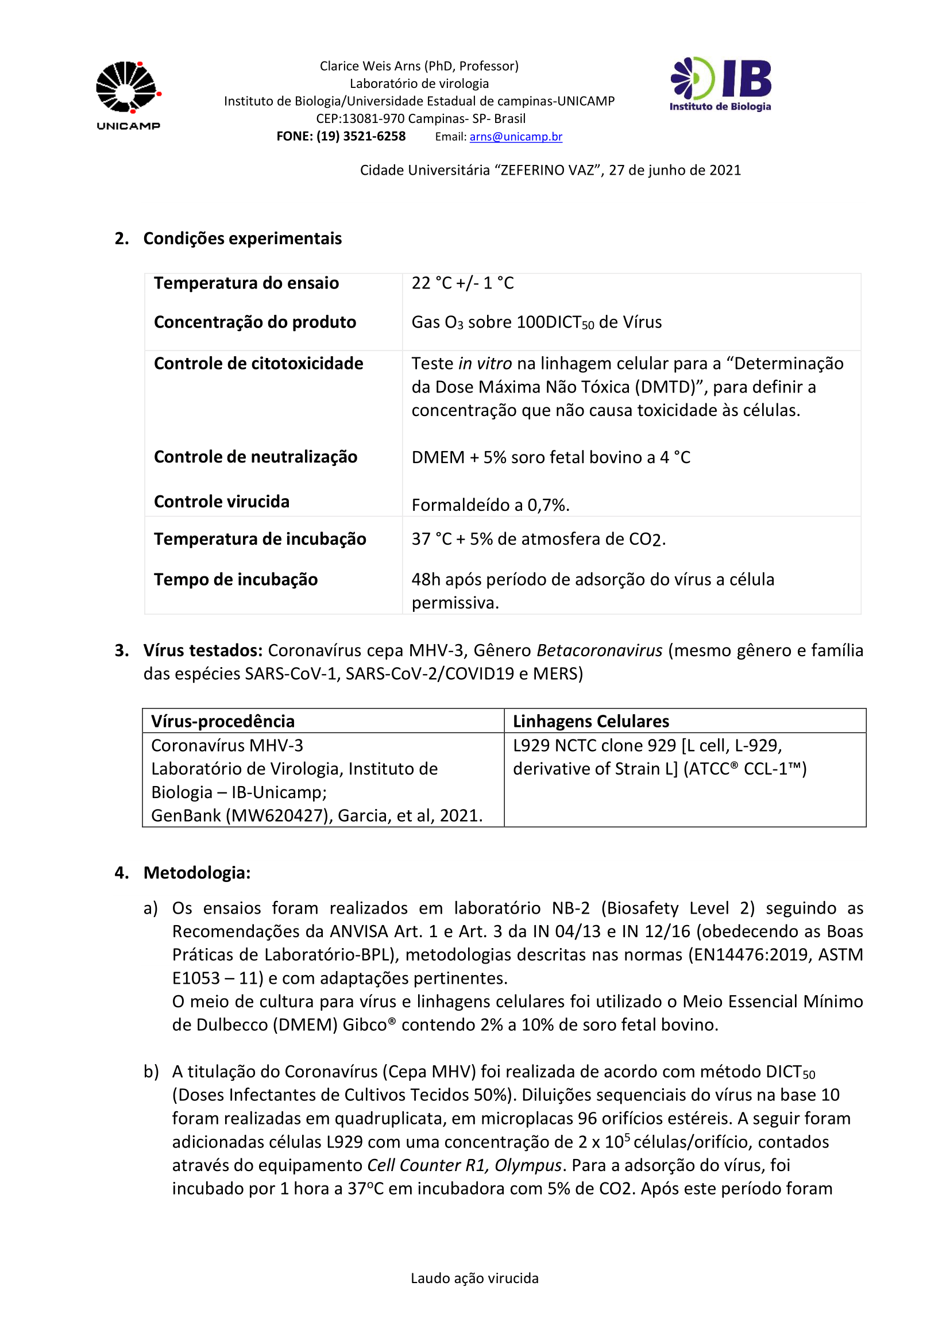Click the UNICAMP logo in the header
[128, 95]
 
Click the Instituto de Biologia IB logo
[721, 84]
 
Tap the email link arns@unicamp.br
[515, 136]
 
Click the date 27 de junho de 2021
[674, 170]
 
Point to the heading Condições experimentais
[242, 239]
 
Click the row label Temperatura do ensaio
[246, 283]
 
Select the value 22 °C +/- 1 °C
[462, 283]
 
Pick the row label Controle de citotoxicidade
[258, 364]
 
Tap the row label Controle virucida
[222, 502]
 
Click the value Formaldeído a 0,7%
[490, 505]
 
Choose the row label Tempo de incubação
[235, 580]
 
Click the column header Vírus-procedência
[223, 721]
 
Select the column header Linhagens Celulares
[591, 721]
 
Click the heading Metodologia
[197, 873]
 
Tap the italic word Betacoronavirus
[600, 650]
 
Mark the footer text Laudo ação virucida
[474, 1278]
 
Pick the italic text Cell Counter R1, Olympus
[465, 1165]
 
